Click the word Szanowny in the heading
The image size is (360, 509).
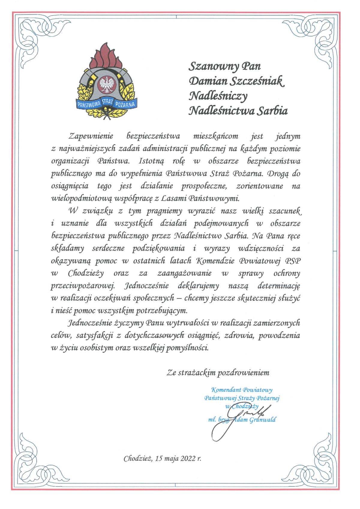[210, 66]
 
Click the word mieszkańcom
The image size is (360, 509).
[216, 136]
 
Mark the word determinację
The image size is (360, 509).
[279, 286]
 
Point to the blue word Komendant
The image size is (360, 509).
[226, 390]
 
